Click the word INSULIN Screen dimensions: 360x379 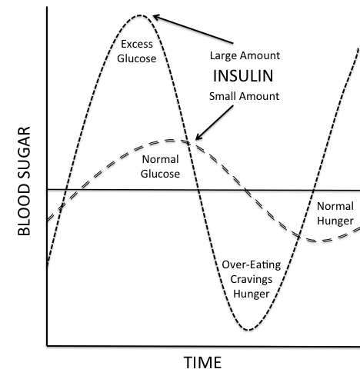(243, 76)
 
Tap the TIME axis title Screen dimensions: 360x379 (202, 363)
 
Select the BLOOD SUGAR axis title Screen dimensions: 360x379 (24, 181)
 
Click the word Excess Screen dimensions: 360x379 (137, 44)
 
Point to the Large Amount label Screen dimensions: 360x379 (245, 55)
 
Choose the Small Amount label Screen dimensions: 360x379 (244, 96)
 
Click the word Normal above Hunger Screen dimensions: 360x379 (335, 206)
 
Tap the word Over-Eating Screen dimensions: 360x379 (252, 264)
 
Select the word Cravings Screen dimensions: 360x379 (252, 279)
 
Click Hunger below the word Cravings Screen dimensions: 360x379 (252, 294)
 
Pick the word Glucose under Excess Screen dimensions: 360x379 (137, 58)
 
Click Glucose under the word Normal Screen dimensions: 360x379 (160, 174)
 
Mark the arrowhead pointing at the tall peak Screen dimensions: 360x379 (155, 17)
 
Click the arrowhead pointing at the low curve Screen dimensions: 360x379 (198, 138)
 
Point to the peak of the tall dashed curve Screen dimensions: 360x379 (140, 15)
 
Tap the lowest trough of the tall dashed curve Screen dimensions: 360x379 (248, 330)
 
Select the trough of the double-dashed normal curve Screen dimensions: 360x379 (317, 241)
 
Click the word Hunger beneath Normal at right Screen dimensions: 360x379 (335, 221)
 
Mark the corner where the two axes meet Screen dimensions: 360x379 (47, 346)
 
